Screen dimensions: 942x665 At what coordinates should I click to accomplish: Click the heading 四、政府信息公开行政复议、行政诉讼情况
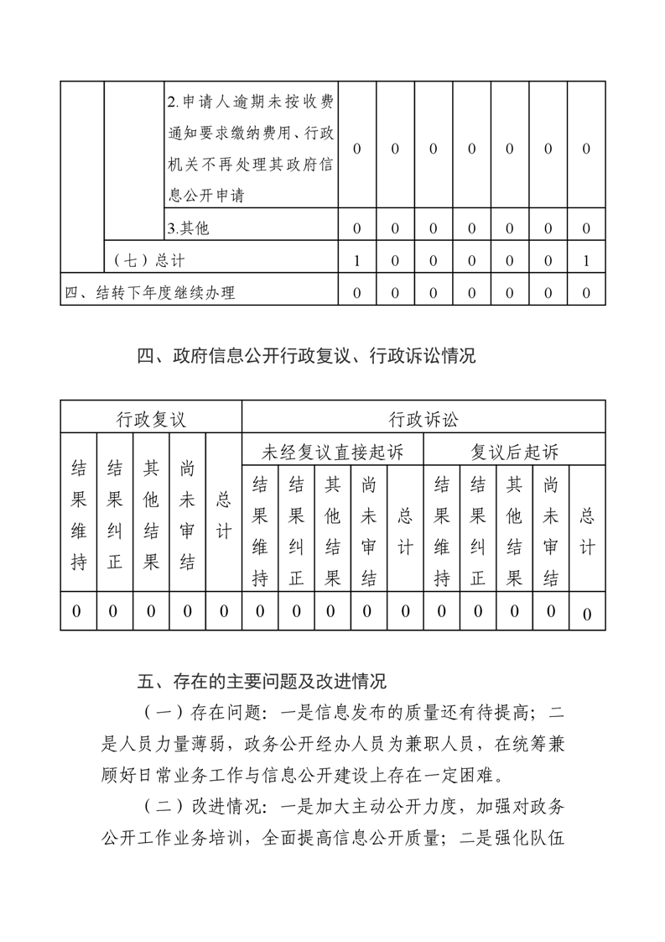click(x=306, y=356)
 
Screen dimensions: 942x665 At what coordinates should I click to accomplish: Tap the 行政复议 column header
click(x=151, y=417)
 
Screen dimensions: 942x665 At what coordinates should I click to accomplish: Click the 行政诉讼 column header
click(x=423, y=417)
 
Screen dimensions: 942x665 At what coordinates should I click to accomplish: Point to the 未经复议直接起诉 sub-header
click(x=333, y=453)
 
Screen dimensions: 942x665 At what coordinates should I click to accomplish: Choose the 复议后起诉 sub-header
click(x=514, y=453)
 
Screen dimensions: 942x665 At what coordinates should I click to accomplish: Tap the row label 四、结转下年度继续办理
click(x=149, y=293)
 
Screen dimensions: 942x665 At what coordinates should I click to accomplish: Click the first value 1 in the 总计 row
click(x=357, y=261)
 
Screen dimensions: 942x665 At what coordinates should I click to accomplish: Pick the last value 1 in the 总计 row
click(x=586, y=261)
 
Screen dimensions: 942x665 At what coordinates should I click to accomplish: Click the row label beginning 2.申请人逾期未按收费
click(x=250, y=149)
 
